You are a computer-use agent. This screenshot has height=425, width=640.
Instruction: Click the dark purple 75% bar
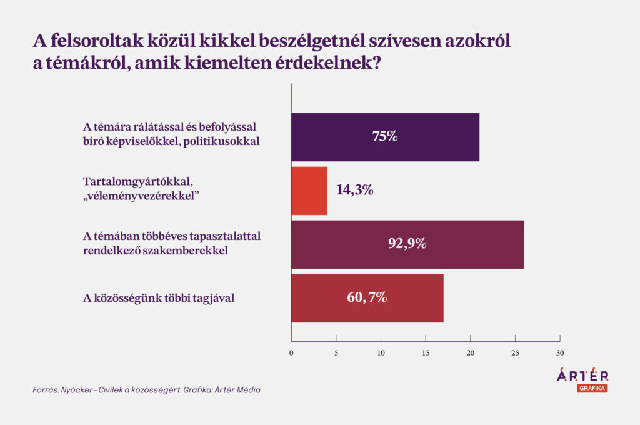click(385, 137)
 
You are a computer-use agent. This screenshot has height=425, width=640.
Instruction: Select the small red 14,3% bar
click(309, 191)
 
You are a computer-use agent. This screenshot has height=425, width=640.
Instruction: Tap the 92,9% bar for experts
click(407, 244)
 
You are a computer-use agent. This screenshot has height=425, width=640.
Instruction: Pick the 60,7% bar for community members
click(367, 299)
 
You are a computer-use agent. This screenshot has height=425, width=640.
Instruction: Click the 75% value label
click(385, 136)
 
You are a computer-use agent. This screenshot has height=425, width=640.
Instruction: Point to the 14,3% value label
click(355, 190)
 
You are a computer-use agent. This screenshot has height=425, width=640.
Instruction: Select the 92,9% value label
click(407, 244)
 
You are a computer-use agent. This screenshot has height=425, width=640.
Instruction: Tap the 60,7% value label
click(367, 297)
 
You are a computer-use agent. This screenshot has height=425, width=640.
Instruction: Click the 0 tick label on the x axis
click(291, 353)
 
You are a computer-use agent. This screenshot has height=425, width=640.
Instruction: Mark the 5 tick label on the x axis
click(336, 353)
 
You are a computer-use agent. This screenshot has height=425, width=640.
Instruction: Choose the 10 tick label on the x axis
click(381, 353)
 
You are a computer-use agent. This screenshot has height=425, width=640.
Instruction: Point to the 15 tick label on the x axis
click(426, 353)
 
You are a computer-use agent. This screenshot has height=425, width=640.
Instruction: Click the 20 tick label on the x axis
click(471, 353)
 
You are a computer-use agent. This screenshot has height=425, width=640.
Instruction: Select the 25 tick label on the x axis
click(515, 353)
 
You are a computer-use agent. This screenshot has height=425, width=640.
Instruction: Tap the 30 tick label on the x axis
click(560, 353)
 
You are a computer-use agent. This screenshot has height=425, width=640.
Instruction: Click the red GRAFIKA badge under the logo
click(592, 388)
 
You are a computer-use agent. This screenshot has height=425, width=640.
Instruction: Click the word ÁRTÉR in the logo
click(582, 374)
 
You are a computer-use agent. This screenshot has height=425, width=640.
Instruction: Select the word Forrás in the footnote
click(46, 390)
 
